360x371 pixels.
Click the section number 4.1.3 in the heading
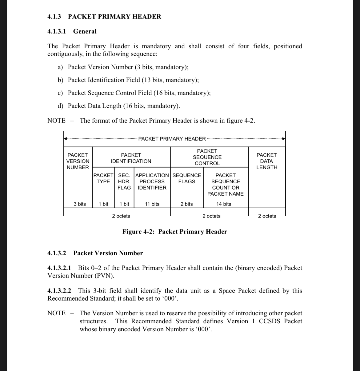[54, 17]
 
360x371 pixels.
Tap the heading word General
[85, 31]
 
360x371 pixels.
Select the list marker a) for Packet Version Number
[60, 67]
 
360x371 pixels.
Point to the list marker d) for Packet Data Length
[60, 106]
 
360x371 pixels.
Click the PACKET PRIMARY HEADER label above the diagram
[172, 139]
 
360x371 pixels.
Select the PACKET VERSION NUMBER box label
[78, 161]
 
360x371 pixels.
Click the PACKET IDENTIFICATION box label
[131, 158]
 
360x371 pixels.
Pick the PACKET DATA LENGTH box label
[267, 161]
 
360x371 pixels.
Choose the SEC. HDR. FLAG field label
[124, 182]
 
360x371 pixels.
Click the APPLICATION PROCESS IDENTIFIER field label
[152, 182]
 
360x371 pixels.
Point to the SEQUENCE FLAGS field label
[187, 178]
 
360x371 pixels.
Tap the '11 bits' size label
[152, 204]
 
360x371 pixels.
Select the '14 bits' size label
[224, 204]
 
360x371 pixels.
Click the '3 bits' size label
[80, 204]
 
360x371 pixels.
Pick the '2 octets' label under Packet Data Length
[267, 216]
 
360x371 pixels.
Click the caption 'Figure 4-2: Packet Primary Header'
[174, 232]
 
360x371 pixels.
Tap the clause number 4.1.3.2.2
[59, 291]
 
